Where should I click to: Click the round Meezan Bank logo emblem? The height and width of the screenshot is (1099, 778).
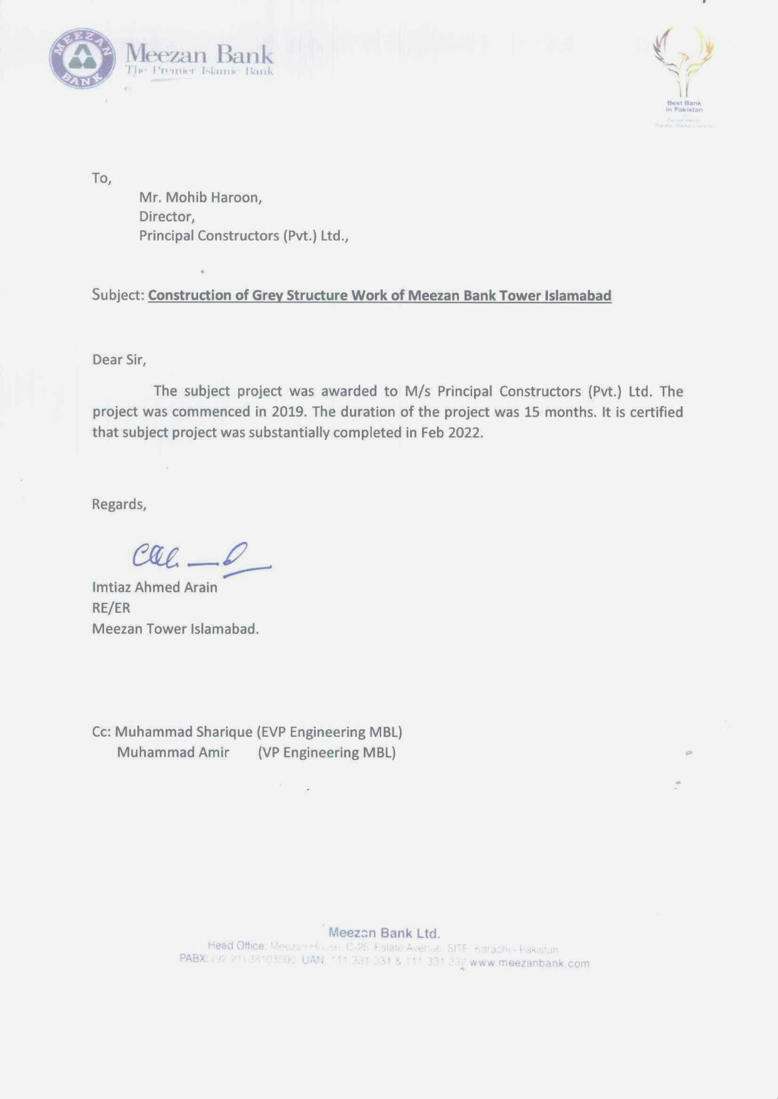(82, 58)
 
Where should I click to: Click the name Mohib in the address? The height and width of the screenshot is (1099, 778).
(186, 198)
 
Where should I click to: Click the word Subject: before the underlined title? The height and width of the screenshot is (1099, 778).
(118, 294)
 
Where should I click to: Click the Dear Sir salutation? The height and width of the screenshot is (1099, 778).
(119, 360)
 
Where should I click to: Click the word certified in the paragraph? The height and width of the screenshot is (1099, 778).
(655, 412)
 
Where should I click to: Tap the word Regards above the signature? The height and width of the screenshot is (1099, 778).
(119, 504)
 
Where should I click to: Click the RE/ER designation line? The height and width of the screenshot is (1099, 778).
(111, 608)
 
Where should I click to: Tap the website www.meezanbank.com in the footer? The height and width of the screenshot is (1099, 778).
(529, 963)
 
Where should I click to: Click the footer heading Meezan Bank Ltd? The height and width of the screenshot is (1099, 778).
(384, 933)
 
